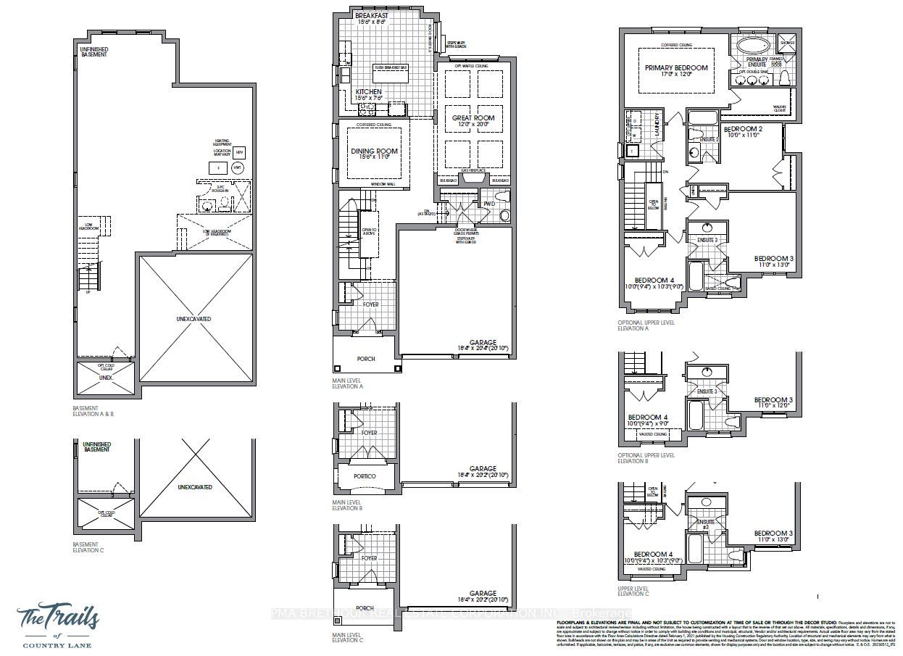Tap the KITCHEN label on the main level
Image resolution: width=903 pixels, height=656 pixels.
point(369,92)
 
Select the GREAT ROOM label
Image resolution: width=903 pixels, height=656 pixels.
point(473,117)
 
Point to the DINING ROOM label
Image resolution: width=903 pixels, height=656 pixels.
point(374,151)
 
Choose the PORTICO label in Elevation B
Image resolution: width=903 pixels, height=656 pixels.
point(365,476)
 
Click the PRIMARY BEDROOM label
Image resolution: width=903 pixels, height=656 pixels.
point(675,67)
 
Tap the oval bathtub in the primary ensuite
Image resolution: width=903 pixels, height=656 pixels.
point(754,46)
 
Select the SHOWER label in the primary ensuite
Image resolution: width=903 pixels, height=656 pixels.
point(789,42)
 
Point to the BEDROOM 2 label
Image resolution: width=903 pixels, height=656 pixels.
point(742,128)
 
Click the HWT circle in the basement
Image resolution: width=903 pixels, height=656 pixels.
point(237,167)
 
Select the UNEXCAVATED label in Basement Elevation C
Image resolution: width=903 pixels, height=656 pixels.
point(195,487)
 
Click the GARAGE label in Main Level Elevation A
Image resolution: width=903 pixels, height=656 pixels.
point(483,343)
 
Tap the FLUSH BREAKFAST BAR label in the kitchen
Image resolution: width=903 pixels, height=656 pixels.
point(391,68)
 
